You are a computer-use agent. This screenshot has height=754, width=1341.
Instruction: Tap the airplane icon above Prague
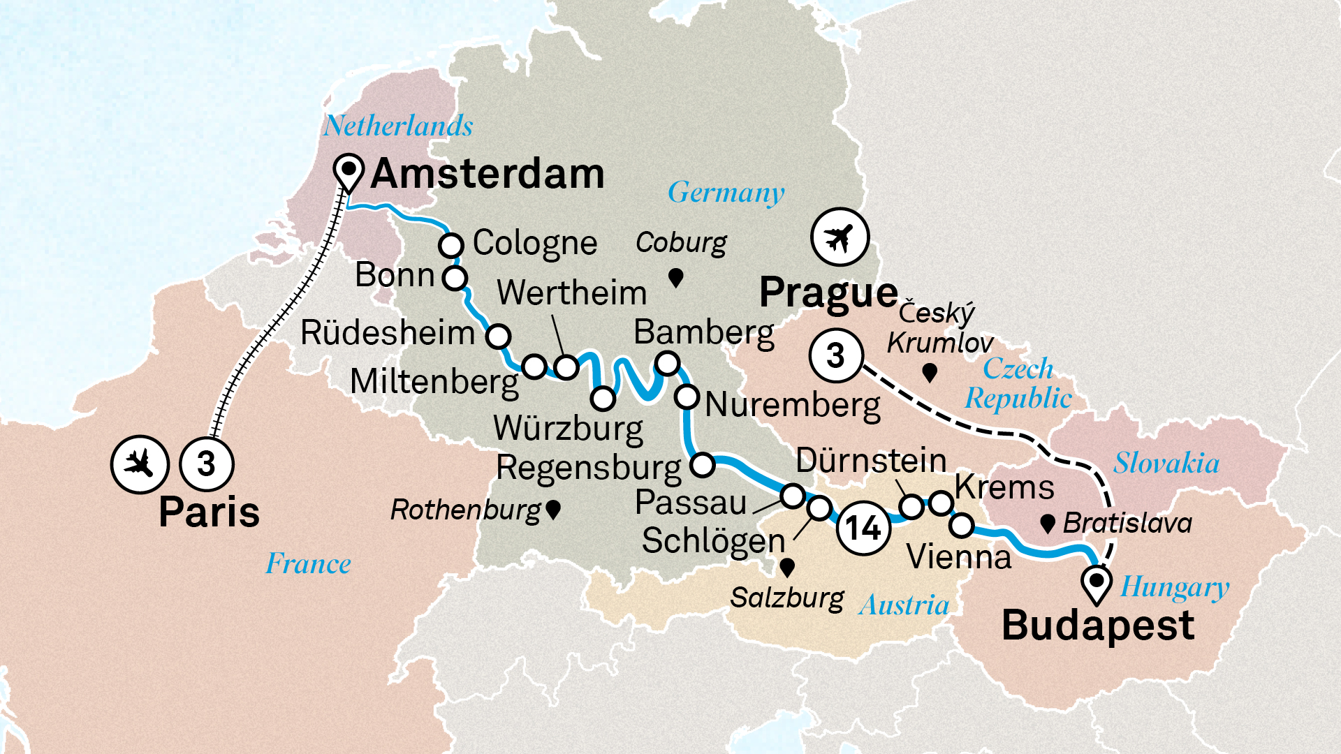840,237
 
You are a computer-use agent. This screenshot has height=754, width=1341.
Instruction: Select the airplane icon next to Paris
139,464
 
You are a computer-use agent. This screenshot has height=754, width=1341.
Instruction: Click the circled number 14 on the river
863,528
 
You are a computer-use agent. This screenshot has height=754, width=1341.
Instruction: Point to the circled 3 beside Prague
836,355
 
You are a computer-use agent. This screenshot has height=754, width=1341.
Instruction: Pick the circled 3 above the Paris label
206,464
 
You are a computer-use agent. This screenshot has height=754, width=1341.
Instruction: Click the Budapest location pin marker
1097,582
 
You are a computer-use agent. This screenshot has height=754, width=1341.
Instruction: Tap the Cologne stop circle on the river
451,246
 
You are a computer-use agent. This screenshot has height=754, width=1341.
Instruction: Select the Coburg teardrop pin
675,278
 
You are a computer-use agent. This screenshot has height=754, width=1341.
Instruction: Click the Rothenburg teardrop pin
553,510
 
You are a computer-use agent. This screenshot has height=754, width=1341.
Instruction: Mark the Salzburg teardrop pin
787,567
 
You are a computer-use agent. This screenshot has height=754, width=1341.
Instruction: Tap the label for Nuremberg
793,405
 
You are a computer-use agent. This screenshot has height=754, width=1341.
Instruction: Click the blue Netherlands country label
398,126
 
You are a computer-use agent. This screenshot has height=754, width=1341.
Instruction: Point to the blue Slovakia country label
1166,464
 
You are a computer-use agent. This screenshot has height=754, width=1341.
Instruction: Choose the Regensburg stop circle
702,464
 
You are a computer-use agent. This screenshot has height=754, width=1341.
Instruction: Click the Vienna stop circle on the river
962,525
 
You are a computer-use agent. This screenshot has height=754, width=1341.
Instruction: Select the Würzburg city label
568,429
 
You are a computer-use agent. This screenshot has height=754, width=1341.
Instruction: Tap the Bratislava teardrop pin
1047,524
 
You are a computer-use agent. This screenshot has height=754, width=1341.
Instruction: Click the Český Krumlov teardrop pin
929,373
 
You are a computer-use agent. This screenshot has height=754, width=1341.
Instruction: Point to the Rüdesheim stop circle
498,336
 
